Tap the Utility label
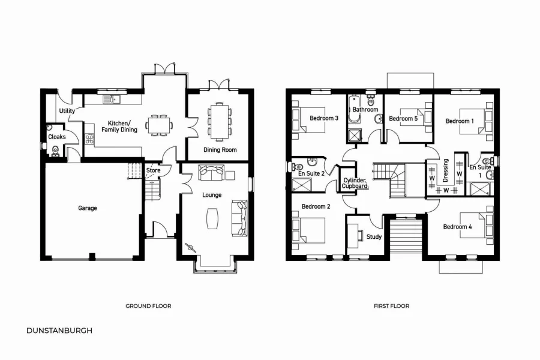click(67, 111)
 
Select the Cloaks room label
click(57, 137)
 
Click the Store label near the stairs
click(154, 170)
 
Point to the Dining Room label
click(220, 149)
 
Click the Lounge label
click(212, 195)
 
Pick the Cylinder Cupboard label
click(354, 183)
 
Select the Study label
click(374, 236)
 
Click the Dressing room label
click(445, 170)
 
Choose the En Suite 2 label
click(311, 173)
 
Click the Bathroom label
click(365, 110)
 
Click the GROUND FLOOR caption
click(148, 306)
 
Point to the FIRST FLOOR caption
click(391, 306)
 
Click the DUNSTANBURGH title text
click(59, 330)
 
